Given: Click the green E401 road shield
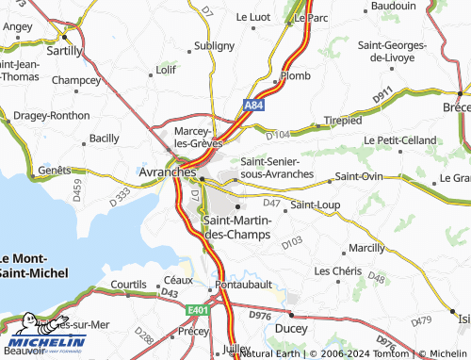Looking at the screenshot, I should pyautogui.click(x=196, y=308).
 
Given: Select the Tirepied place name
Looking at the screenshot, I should pyautogui.click(x=342, y=121).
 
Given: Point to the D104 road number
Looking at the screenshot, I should pyautogui.click(x=278, y=136).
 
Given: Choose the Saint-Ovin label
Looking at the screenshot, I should pyautogui.click(x=359, y=176).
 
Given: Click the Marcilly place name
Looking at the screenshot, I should pyautogui.click(x=366, y=247).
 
